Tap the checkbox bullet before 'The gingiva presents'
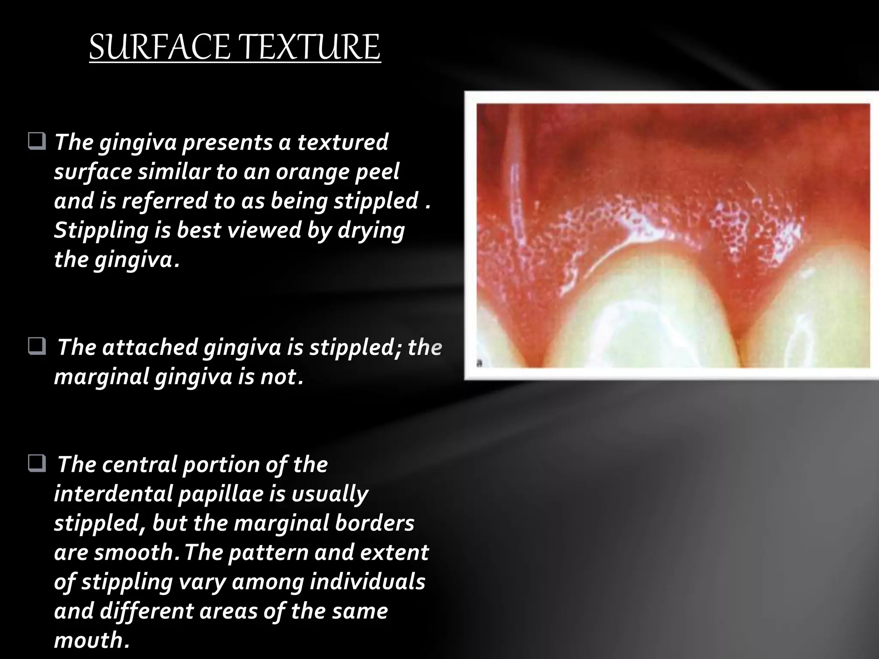tap(37, 142)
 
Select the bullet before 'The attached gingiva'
tap(37, 347)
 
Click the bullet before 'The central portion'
tap(37, 464)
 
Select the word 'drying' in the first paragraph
tap(371, 230)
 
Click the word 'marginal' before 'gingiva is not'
tap(101, 377)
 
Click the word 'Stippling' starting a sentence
tap(100, 230)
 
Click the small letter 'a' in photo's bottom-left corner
tap(480, 363)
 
